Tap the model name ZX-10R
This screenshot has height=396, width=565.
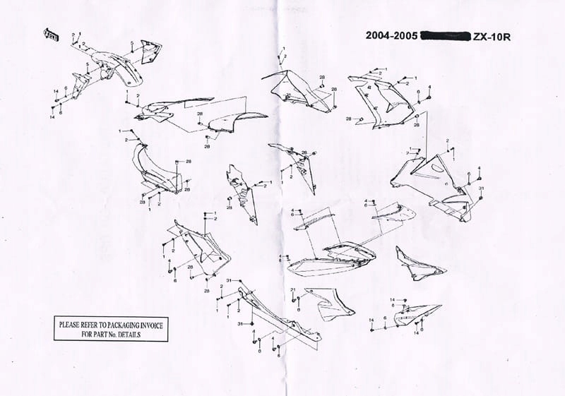tap(491, 35)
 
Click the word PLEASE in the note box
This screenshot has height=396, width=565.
tap(73, 325)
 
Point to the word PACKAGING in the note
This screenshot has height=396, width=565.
tap(131, 325)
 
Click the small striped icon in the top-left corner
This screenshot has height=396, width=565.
tap(51, 34)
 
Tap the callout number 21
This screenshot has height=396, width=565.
tap(293, 290)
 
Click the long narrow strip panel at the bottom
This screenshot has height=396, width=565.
tap(279, 314)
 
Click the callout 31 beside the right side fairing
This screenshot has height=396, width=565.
tap(481, 188)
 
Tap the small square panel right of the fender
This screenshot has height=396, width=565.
tap(151, 51)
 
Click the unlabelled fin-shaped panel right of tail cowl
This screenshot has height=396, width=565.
tap(417, 265)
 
